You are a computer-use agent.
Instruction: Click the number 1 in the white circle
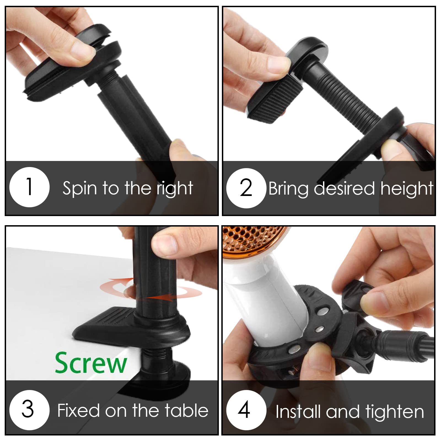29,187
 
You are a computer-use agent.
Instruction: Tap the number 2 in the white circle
246,188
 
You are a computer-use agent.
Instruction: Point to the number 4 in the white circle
244,409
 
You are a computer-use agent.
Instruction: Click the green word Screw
91,363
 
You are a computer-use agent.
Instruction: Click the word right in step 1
175,189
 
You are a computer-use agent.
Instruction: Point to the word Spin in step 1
80,189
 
